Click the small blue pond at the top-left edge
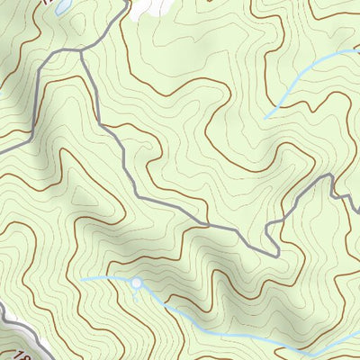[x=60, y=7]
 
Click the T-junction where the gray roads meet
[x=81, y=51]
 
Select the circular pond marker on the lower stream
[x=136, y=284]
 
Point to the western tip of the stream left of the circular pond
[x=83, y=279]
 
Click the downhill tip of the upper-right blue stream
[x=265, y=119]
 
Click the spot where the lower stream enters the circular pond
[x=130, y=283]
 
